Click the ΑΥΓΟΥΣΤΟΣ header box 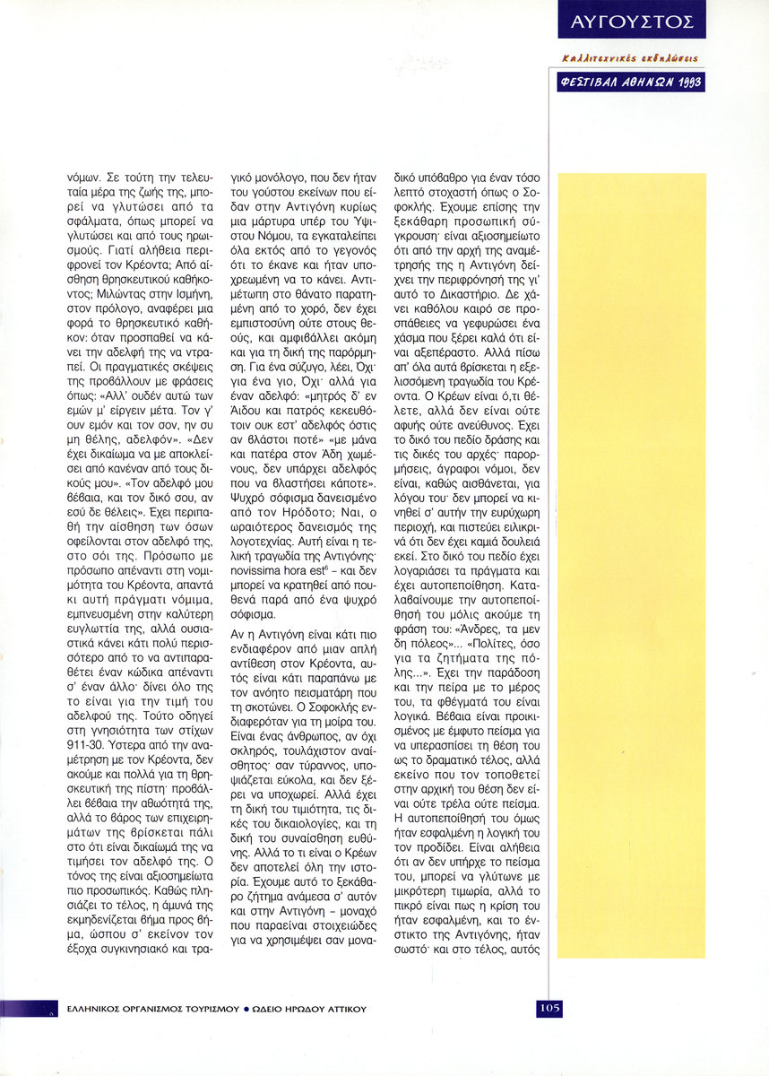point(629,20)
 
